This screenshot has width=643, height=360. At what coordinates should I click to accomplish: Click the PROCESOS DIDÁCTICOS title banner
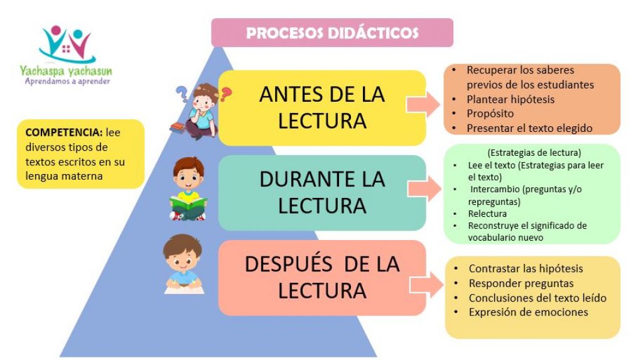[332, 33]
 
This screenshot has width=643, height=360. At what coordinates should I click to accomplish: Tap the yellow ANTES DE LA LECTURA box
[322, 107]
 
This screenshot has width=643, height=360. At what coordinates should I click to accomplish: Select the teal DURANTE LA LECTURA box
[322, 192]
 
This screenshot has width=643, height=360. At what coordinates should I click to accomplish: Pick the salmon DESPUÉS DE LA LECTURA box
[322, 278]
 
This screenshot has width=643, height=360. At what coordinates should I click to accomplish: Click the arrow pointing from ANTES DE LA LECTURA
[423, 105]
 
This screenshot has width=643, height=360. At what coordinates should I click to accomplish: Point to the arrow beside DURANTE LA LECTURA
[424, 189]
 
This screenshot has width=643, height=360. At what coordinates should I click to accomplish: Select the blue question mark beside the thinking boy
[181, 94]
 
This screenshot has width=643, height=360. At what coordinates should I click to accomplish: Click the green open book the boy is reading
[188, 204]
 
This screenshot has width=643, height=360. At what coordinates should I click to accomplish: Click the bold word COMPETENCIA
[63, 133]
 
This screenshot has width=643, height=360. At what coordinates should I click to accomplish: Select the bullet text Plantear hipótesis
[510, 99]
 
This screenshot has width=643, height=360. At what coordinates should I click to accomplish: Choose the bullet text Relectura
[487, 214]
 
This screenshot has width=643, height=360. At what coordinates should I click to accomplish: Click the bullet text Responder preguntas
[521, 283]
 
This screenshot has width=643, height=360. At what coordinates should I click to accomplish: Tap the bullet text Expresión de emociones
[528, 312]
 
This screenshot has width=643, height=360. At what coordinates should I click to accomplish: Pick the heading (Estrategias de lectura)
[534, 153]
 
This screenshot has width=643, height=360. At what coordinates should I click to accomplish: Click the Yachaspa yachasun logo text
[65, 71]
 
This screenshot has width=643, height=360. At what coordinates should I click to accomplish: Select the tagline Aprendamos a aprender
[67, 81]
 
